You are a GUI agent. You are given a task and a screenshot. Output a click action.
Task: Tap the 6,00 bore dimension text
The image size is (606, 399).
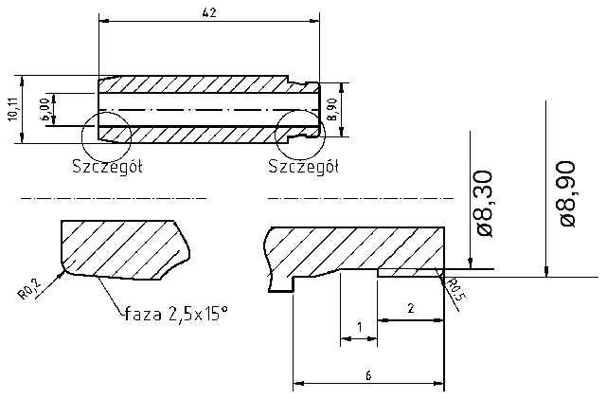click(x=45, y=109)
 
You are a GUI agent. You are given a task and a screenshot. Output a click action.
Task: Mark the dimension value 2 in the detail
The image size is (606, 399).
click(x=410, y=308)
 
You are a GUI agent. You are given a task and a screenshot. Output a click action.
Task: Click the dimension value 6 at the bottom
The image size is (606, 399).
click(x=367, y=375)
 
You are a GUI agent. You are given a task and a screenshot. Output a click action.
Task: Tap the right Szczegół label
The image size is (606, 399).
click(x=303, y=168)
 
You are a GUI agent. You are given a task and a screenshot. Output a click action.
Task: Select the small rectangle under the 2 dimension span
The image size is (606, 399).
click(x=407, y=272)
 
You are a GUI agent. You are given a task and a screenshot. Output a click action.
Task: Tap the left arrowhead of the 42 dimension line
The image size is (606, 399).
click(x=103, y=20)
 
